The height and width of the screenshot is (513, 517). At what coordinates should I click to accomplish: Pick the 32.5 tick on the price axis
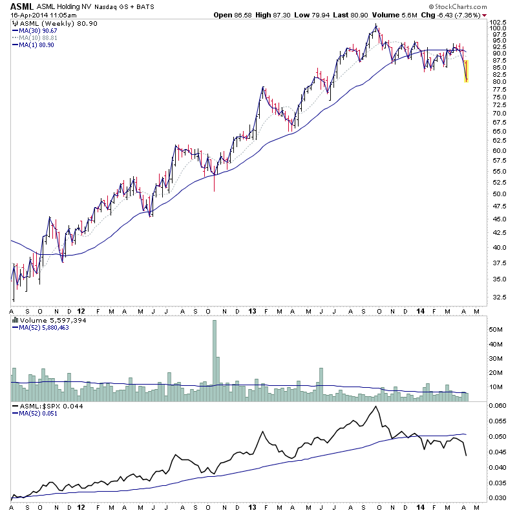coord(492,297)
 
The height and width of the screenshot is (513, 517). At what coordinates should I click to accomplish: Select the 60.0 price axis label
coord(492,150)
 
